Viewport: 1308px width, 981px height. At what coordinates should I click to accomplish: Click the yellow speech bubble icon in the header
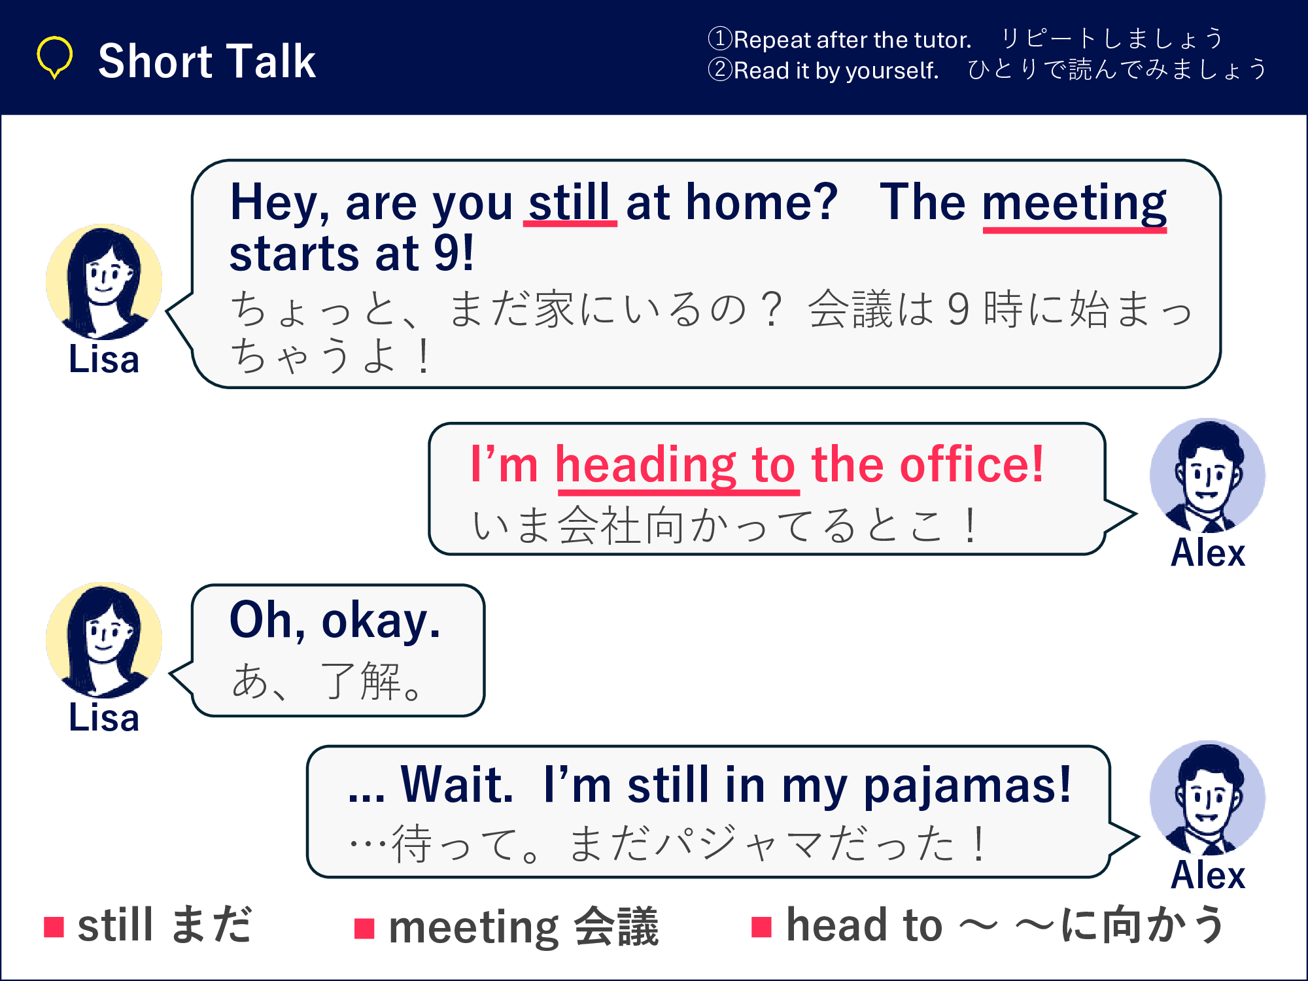54,58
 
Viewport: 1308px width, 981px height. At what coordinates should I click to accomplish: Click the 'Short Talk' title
207,61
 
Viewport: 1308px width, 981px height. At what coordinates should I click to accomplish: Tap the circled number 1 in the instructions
720,39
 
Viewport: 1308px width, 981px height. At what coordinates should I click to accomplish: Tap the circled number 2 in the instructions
720,69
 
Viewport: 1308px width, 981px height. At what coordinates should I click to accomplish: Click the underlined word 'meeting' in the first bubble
1075,204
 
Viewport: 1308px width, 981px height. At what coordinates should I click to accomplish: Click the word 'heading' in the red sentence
645,466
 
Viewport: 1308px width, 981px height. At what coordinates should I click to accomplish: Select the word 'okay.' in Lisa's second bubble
381,621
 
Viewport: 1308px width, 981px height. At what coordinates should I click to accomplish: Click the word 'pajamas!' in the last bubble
967,786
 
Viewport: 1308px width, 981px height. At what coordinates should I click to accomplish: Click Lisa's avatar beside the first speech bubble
104,281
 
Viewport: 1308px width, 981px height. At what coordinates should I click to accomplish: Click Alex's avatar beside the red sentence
1207,475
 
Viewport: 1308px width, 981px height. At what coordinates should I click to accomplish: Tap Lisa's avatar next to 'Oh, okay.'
104,640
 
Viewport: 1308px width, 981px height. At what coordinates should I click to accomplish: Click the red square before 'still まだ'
54,927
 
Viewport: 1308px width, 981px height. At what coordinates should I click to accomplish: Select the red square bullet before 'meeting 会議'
364,928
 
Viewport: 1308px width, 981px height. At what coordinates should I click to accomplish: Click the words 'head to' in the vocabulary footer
864,925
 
